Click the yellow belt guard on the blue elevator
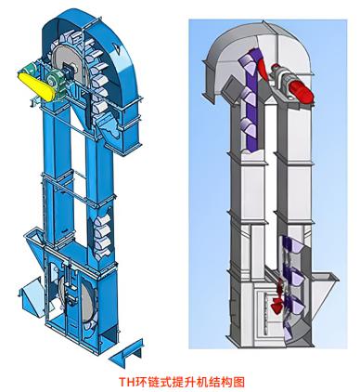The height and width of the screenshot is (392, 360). tap(36, 86)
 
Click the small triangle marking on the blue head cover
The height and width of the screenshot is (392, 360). tap(116, 47)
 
